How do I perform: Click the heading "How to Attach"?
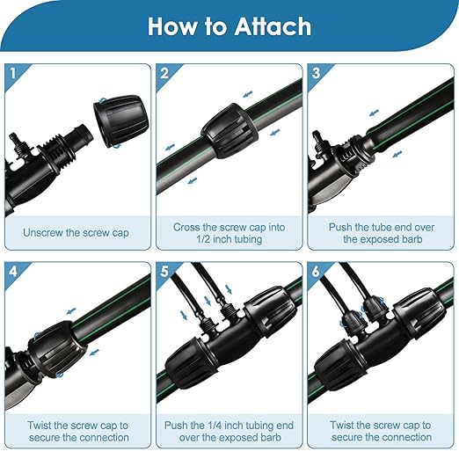(229, 25)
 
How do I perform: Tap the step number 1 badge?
(13, 75)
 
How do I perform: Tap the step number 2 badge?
(164, 75)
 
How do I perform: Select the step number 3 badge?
(314, 75)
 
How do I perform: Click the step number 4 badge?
(13, 271)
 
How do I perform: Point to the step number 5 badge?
(164, 271)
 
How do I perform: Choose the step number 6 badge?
(314, 271)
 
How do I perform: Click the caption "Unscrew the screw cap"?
(77, 233)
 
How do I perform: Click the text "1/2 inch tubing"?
(228, 240)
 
